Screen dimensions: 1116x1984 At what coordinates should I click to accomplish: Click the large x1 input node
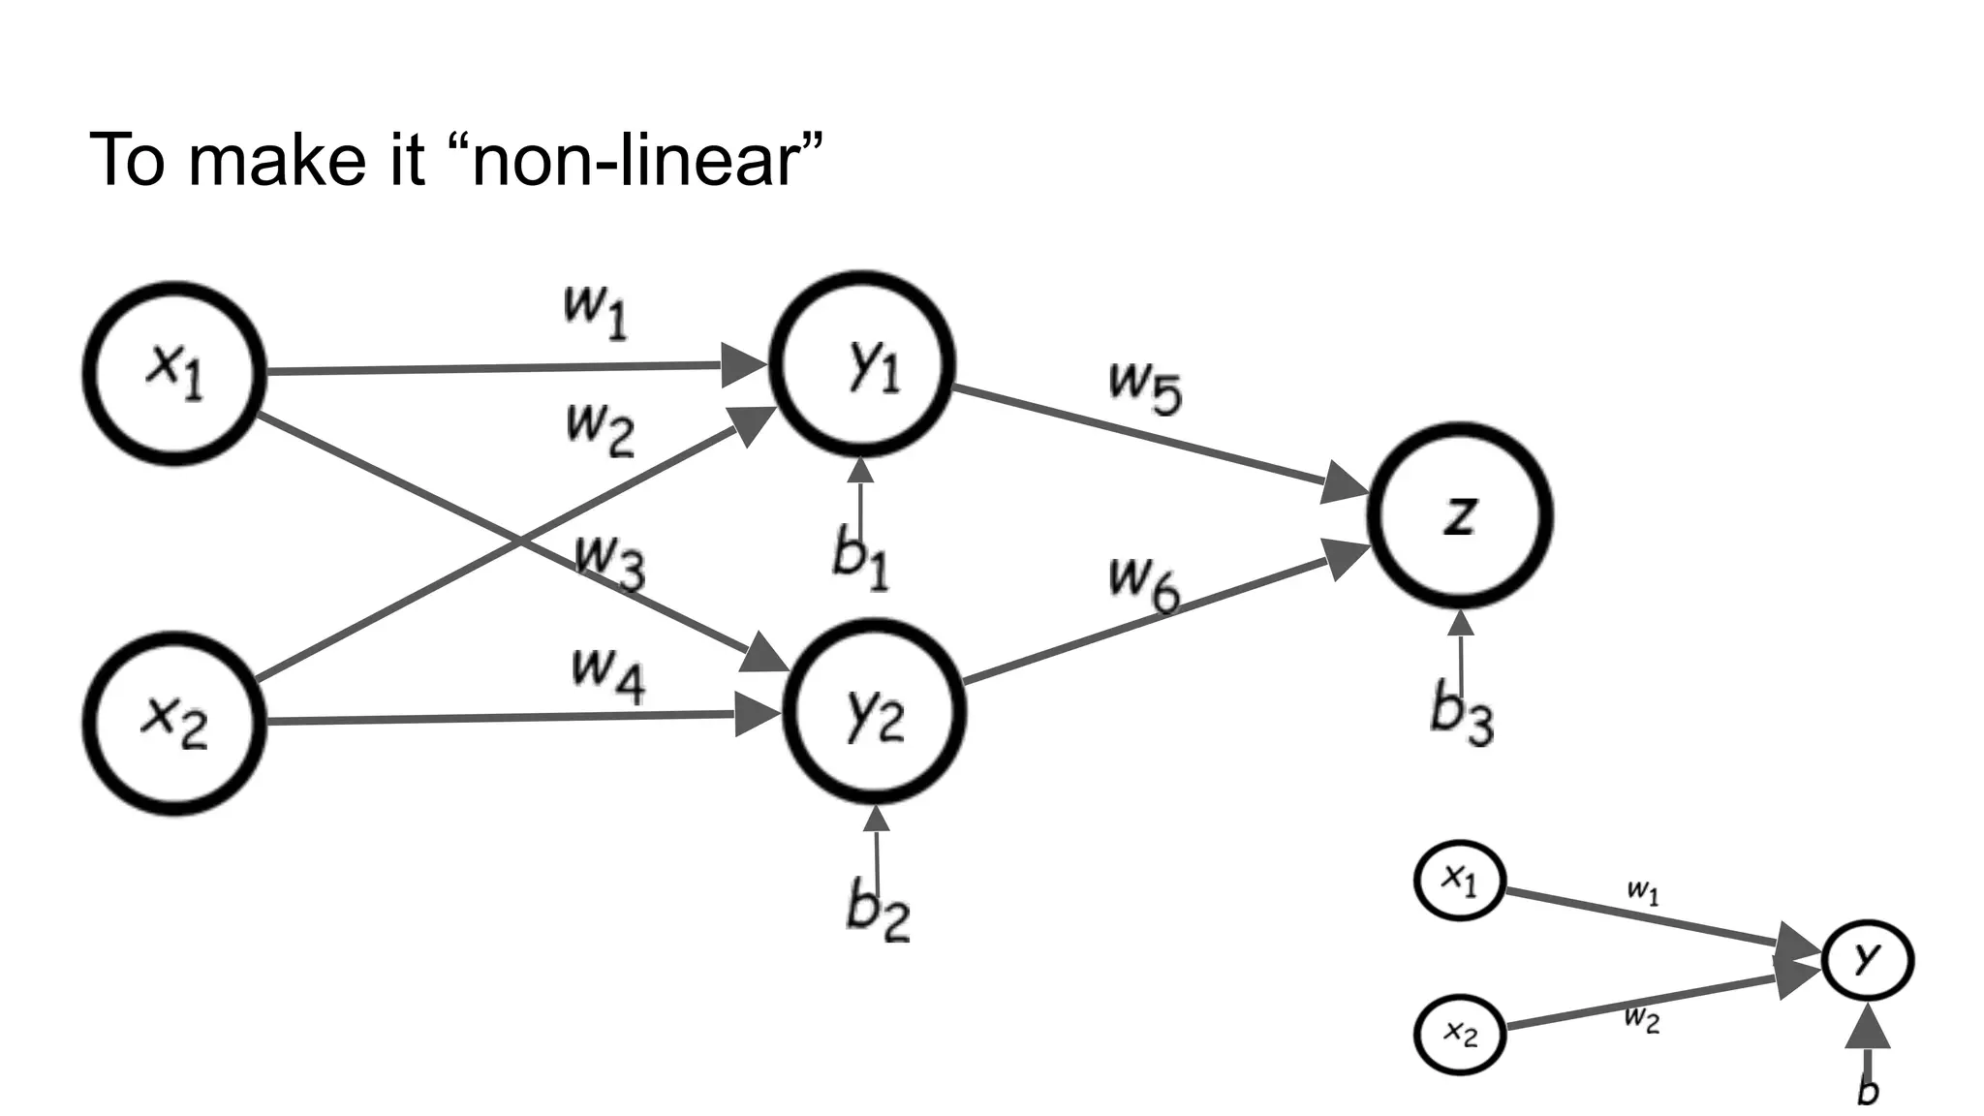pos(174,373)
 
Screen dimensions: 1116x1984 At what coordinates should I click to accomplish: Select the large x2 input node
pos(174,723)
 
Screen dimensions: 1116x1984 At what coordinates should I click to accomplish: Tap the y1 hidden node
pos(862,364)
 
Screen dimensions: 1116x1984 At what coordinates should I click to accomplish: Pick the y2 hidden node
pos(874,713)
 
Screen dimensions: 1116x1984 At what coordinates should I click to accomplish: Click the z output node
pos(1460,515)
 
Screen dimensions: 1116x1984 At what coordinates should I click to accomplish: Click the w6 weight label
pos(1145,584)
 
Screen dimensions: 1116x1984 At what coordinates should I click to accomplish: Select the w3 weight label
pos(609,561)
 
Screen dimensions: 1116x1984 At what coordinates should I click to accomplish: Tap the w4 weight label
pos(608,673)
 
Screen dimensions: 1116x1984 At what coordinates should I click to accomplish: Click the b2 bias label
pos(878,911)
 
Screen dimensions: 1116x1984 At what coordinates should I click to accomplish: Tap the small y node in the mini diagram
pos(1867,960)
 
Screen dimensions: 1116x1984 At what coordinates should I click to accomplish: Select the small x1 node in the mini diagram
pos(1460,880)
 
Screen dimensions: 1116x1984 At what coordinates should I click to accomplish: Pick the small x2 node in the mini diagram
pos(1460,1034)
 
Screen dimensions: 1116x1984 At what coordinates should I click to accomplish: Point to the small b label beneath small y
pos(1868,1090)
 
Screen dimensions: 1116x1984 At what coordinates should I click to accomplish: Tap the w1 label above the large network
pos(596,311)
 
